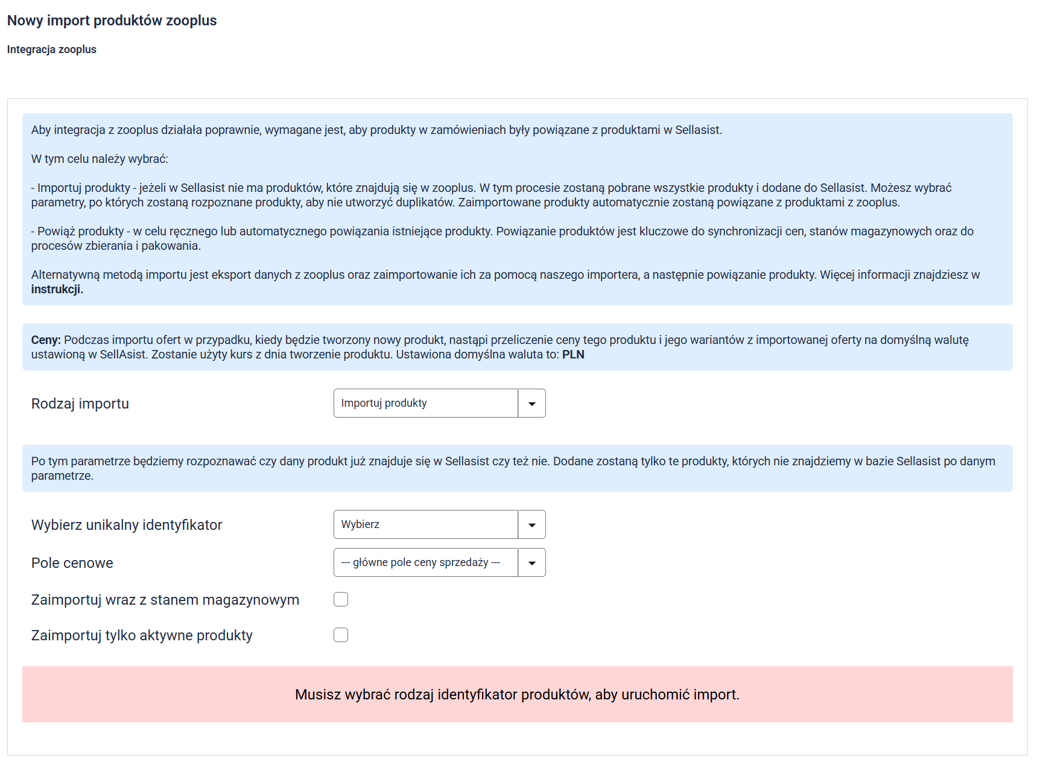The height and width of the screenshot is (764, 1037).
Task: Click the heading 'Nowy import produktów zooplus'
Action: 112,21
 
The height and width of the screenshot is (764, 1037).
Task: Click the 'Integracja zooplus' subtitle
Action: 52,49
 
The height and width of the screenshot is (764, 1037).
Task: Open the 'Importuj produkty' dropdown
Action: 425,403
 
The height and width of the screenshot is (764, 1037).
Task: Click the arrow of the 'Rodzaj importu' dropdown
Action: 532,404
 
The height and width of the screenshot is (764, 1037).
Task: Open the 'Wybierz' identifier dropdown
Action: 425,524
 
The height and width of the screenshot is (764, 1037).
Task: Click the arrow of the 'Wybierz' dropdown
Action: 532,525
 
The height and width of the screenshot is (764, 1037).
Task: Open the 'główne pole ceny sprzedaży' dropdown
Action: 425,562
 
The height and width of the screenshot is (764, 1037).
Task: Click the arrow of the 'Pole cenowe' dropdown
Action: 532,563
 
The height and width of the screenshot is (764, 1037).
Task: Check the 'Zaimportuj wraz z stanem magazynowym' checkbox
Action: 341,599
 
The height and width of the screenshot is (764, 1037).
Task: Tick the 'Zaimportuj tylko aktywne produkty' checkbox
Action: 341,635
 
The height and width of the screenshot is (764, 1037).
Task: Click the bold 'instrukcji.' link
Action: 57,290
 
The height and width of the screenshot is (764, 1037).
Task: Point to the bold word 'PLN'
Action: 573,355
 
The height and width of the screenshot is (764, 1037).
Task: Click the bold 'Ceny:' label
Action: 46,340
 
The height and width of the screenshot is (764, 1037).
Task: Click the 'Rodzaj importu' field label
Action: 80,404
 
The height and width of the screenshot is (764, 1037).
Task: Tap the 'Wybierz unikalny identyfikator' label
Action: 127,525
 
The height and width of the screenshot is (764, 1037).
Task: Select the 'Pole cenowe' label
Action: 72,563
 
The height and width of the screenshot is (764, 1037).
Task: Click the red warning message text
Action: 517,695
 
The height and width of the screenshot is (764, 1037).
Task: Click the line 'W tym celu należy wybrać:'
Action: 100,159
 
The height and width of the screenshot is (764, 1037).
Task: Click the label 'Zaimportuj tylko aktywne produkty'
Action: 142,635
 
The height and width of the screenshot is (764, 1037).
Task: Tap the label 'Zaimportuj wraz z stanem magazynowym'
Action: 165,600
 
